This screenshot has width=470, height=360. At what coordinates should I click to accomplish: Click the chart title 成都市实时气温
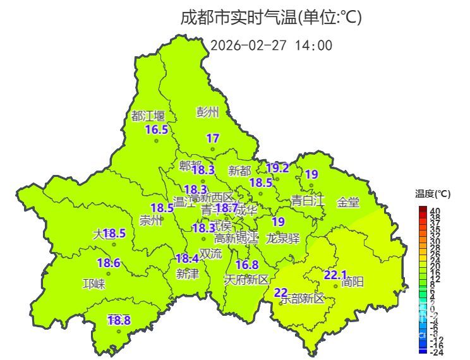click(x=271, y=17)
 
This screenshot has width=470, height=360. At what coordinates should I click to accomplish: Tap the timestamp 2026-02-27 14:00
click(x=271, y=45)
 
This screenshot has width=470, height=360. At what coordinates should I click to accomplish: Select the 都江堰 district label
click(x=148, y=116)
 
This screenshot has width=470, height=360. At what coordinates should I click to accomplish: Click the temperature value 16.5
click(x=157, y=129)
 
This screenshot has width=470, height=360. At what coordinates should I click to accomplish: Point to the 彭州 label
click(x=207, y=112)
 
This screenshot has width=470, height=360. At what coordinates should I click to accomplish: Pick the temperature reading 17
click(x=213, y=138)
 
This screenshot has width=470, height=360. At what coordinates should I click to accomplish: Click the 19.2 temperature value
click(x=277, y=167)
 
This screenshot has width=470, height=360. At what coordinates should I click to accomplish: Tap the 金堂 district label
click(x=347, y=202)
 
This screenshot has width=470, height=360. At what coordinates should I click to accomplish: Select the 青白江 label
click(x=307, y=201)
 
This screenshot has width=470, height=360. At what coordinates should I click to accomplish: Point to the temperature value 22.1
click(x=335, y=275)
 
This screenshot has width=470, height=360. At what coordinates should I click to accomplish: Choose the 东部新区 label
click(x=303, y=299)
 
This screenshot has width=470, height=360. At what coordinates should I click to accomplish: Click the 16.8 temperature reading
click(x=247, y=265)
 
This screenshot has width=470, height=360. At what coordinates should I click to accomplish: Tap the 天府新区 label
click(x=247, y=279)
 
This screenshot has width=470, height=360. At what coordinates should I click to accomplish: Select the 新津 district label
click(x=187, y=273)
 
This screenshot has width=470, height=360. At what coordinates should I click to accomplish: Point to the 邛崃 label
click(x=94, y=284)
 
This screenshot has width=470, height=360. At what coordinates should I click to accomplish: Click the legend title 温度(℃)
click(x=433, y=193)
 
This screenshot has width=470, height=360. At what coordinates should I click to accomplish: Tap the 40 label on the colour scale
click(x=435, y=210)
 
